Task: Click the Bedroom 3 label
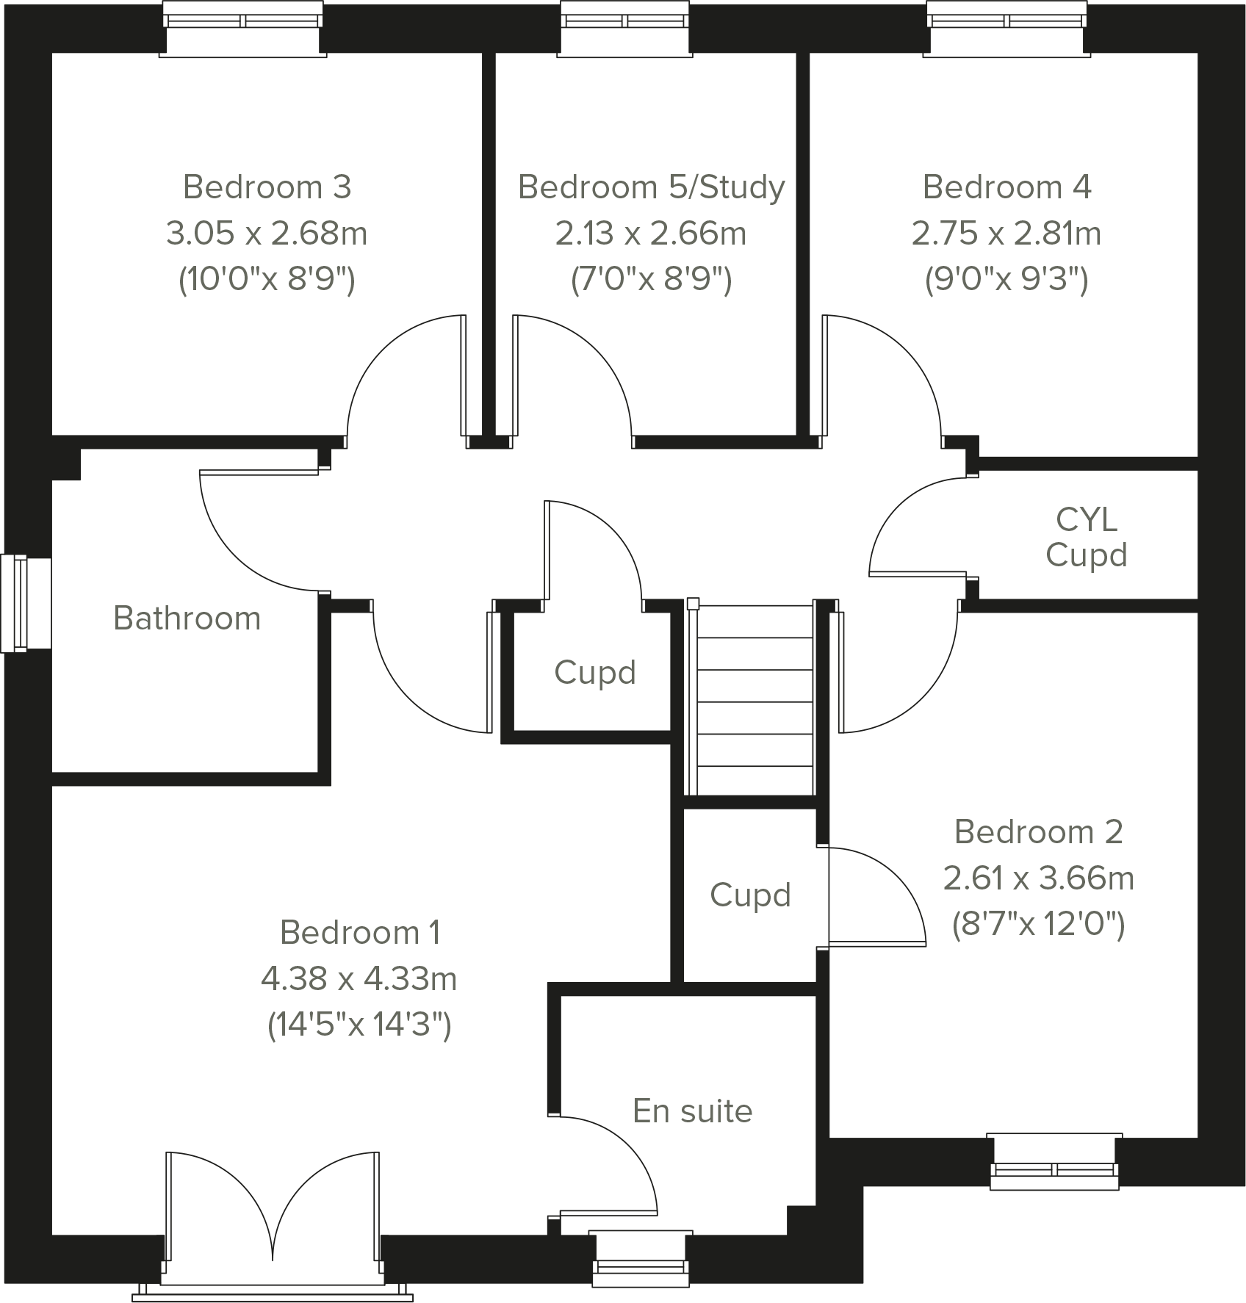click(267, 187)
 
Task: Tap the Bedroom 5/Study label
click(651, 187)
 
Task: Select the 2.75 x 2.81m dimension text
click(1006, 234)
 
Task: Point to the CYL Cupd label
click(1086, 538)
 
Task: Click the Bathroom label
click(187, 618)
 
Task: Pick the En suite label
click(692, 1111)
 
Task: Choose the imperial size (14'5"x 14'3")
click(359, 1025)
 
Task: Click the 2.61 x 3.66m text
click(1038, 878)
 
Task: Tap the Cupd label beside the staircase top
click(594, 672)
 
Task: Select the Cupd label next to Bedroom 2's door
click(749, 895)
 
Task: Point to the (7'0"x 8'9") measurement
click(651, 280)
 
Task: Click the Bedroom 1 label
click(360, 933)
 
